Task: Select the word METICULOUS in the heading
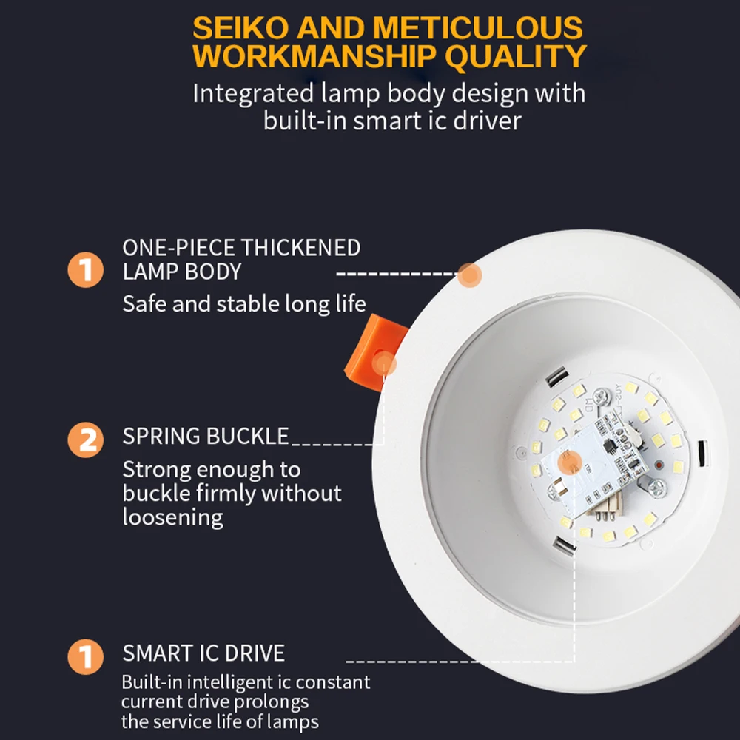point(477,27)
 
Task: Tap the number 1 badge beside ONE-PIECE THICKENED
point(87,270)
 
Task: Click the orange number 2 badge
point(87,440)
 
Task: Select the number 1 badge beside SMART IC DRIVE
point(87,656)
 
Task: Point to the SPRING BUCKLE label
point(206,437)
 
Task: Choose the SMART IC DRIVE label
point(203,653)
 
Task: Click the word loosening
point(172,517)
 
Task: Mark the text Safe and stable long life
point(244,304)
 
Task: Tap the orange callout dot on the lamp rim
point(469,276)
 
